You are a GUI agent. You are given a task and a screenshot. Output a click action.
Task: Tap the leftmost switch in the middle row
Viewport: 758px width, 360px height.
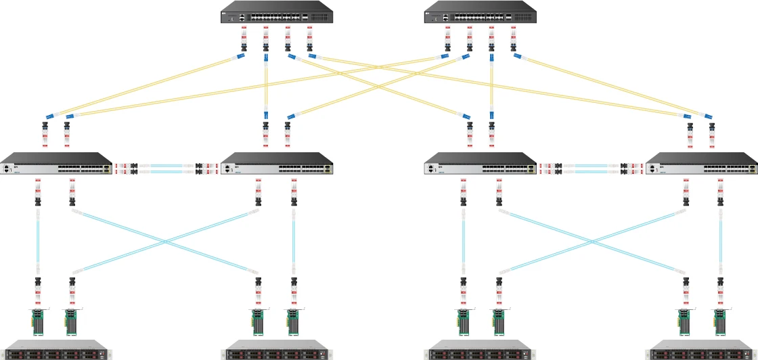(57, 164)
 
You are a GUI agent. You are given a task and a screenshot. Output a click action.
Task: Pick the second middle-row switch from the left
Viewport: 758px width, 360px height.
(277, 164)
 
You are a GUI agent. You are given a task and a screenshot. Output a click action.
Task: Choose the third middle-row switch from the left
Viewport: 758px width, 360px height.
(481, 164)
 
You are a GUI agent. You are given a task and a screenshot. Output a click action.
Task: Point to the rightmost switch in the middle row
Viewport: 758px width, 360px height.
(702, 164)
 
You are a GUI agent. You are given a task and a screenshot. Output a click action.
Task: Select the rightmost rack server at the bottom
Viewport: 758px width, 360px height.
(702, 353)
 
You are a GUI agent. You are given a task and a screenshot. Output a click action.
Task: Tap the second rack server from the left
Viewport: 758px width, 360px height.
(277, 353)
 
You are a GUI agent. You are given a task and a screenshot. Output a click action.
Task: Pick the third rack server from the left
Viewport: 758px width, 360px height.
(481, 353)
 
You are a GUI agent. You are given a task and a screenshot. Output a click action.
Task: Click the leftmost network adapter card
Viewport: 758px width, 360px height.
(37, 321)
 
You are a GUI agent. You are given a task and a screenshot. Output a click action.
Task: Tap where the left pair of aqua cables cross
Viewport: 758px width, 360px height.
(165, 242)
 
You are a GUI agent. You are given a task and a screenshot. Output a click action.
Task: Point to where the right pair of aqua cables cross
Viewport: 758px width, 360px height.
(591, 242)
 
